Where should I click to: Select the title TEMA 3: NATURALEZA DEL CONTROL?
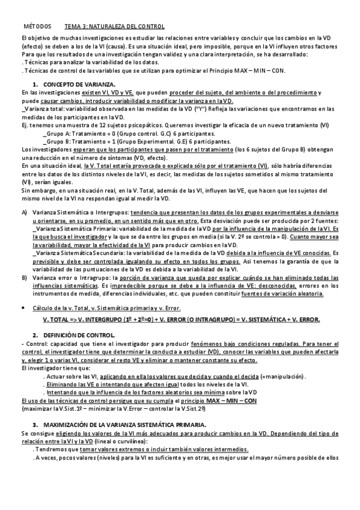114,27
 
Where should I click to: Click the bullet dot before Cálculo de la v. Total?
24,307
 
